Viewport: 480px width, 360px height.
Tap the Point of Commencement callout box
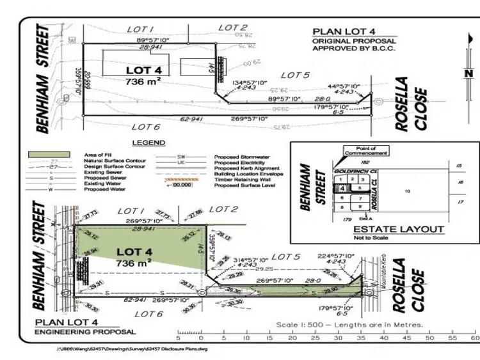(x=366, y=151)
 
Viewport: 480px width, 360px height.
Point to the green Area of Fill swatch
(x=48, y=154)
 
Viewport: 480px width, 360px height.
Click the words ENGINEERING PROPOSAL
(x=84, y=332)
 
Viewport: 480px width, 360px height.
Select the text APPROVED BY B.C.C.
(x=354, y=48)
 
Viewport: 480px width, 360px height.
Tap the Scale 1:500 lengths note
(x=349, y=325)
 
